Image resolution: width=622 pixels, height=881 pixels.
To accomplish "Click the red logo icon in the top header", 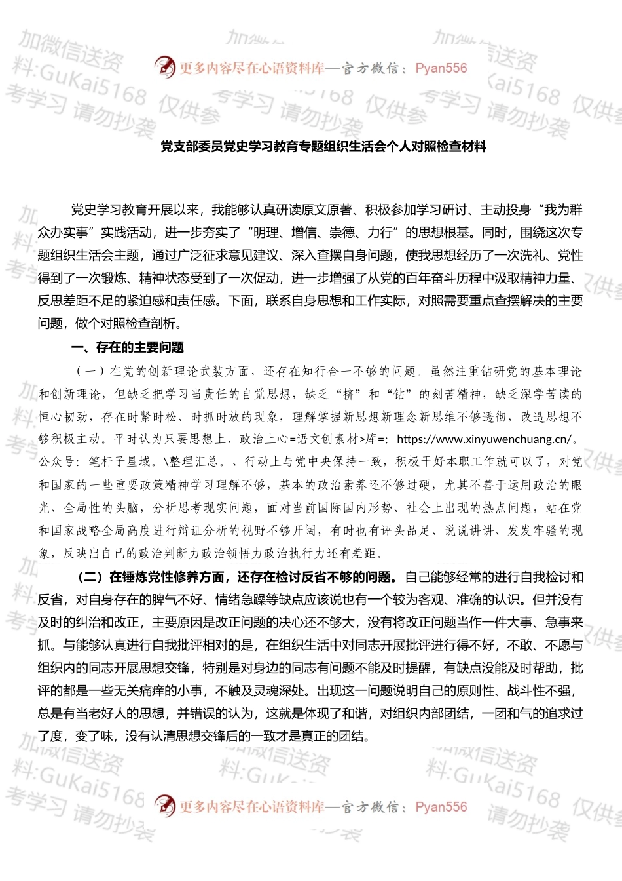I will point(164,67).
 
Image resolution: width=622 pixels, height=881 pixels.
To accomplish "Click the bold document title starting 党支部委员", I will point(323,147).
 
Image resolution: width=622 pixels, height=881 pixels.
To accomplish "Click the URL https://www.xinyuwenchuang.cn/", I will point(484,439).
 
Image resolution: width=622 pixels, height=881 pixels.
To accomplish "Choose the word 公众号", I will point(57,462).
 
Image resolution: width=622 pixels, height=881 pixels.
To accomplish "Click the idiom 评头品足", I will point(405,530).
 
